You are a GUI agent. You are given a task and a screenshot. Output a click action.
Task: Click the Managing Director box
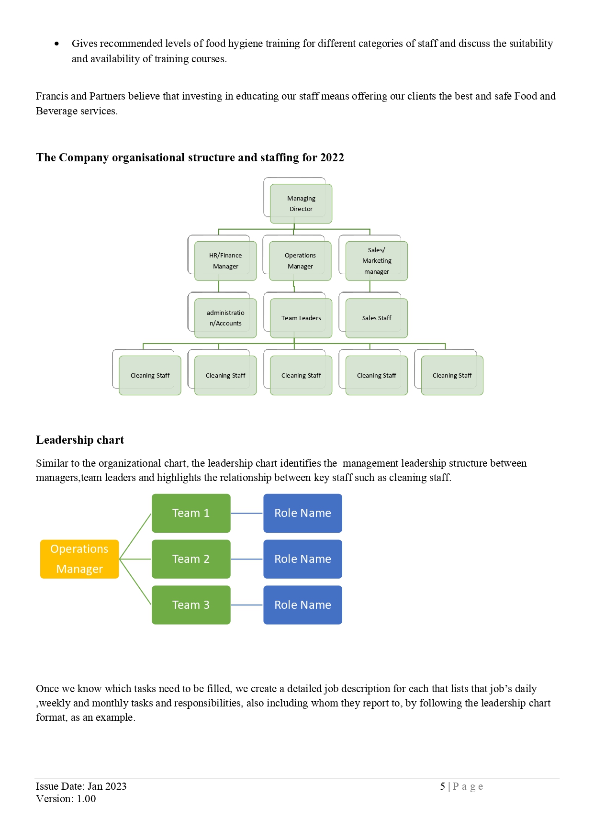(301, 204)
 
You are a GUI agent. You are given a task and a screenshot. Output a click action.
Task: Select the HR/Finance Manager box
(225, 261)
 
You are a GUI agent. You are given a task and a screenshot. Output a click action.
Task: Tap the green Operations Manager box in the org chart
(300, 261)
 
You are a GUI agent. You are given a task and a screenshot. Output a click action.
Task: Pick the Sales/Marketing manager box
(377, 261)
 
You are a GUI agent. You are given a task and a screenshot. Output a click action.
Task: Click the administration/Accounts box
(225, 318)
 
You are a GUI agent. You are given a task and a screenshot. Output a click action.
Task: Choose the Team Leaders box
(301, 318)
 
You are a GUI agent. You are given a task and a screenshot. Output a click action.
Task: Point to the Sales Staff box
(377, 318)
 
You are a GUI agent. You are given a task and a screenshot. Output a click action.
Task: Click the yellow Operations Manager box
(79, 559)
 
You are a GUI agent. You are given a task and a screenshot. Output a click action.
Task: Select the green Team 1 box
(191, 513)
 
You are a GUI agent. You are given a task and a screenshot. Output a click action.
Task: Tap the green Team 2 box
(191, 559)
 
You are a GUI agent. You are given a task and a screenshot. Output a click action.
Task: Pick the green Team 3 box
(191, 605)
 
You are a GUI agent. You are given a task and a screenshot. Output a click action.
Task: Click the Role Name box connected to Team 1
(303, 513)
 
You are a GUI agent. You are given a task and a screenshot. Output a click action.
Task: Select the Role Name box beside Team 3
(303, 605)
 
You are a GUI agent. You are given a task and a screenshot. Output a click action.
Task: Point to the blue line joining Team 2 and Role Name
(247, 559)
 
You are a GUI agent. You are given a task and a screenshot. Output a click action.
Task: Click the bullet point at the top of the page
(57, 44)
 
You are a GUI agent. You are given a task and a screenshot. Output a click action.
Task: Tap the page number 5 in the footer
(443, 786)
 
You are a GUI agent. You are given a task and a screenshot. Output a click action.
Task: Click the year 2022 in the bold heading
(332, 157)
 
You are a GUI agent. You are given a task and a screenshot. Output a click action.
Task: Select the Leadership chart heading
(80, 440)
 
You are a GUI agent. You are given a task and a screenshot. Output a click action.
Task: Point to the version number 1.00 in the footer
(86, 799)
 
